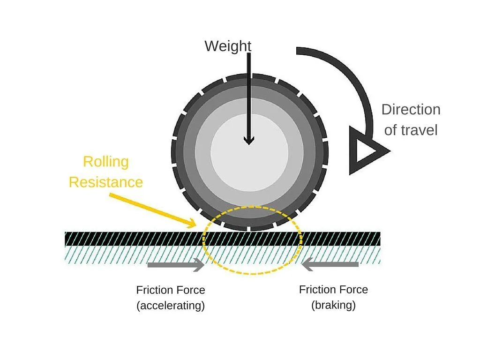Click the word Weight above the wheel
pyautogui.click(x=228, y=46)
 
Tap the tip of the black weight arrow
pyautogui.click(x=248, y=142)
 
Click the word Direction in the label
pyautogui.click(x=411, y=110)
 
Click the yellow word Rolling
pyautogui.click(x=105, y=162)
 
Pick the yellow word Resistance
pyautogui.click(x=105, y=182)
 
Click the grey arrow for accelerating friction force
pyautogui.click(x=176, y=265)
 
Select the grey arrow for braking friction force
pyautogui.click(x=330, y=265)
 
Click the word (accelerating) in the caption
pyautogui.click(x=171, y=306)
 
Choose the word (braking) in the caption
pyautogui.click(x=333, y=305)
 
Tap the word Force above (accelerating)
pyautogui.click(x=188, y=290)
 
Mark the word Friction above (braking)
pyautogui.click(x=316, y=290)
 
